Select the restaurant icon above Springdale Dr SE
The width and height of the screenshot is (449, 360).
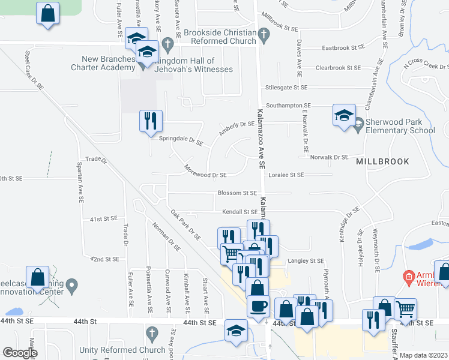[151, 121]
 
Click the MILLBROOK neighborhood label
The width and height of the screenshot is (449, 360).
[382, 161]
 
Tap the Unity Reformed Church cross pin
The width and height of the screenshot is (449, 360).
[151, 332]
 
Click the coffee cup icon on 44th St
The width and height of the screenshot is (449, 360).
[259, 306]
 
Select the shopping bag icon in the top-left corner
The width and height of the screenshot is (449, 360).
[48, 13]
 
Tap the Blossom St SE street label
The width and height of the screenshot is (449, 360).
[237, 193]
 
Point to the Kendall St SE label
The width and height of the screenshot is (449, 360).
[240, 212]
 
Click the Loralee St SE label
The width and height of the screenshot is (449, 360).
[287, 175]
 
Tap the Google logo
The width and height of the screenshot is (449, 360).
[20, 353]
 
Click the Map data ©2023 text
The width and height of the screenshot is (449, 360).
[424, 355]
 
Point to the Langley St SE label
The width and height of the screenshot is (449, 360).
[306, 261]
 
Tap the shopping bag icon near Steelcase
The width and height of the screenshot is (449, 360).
[38, 278]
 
